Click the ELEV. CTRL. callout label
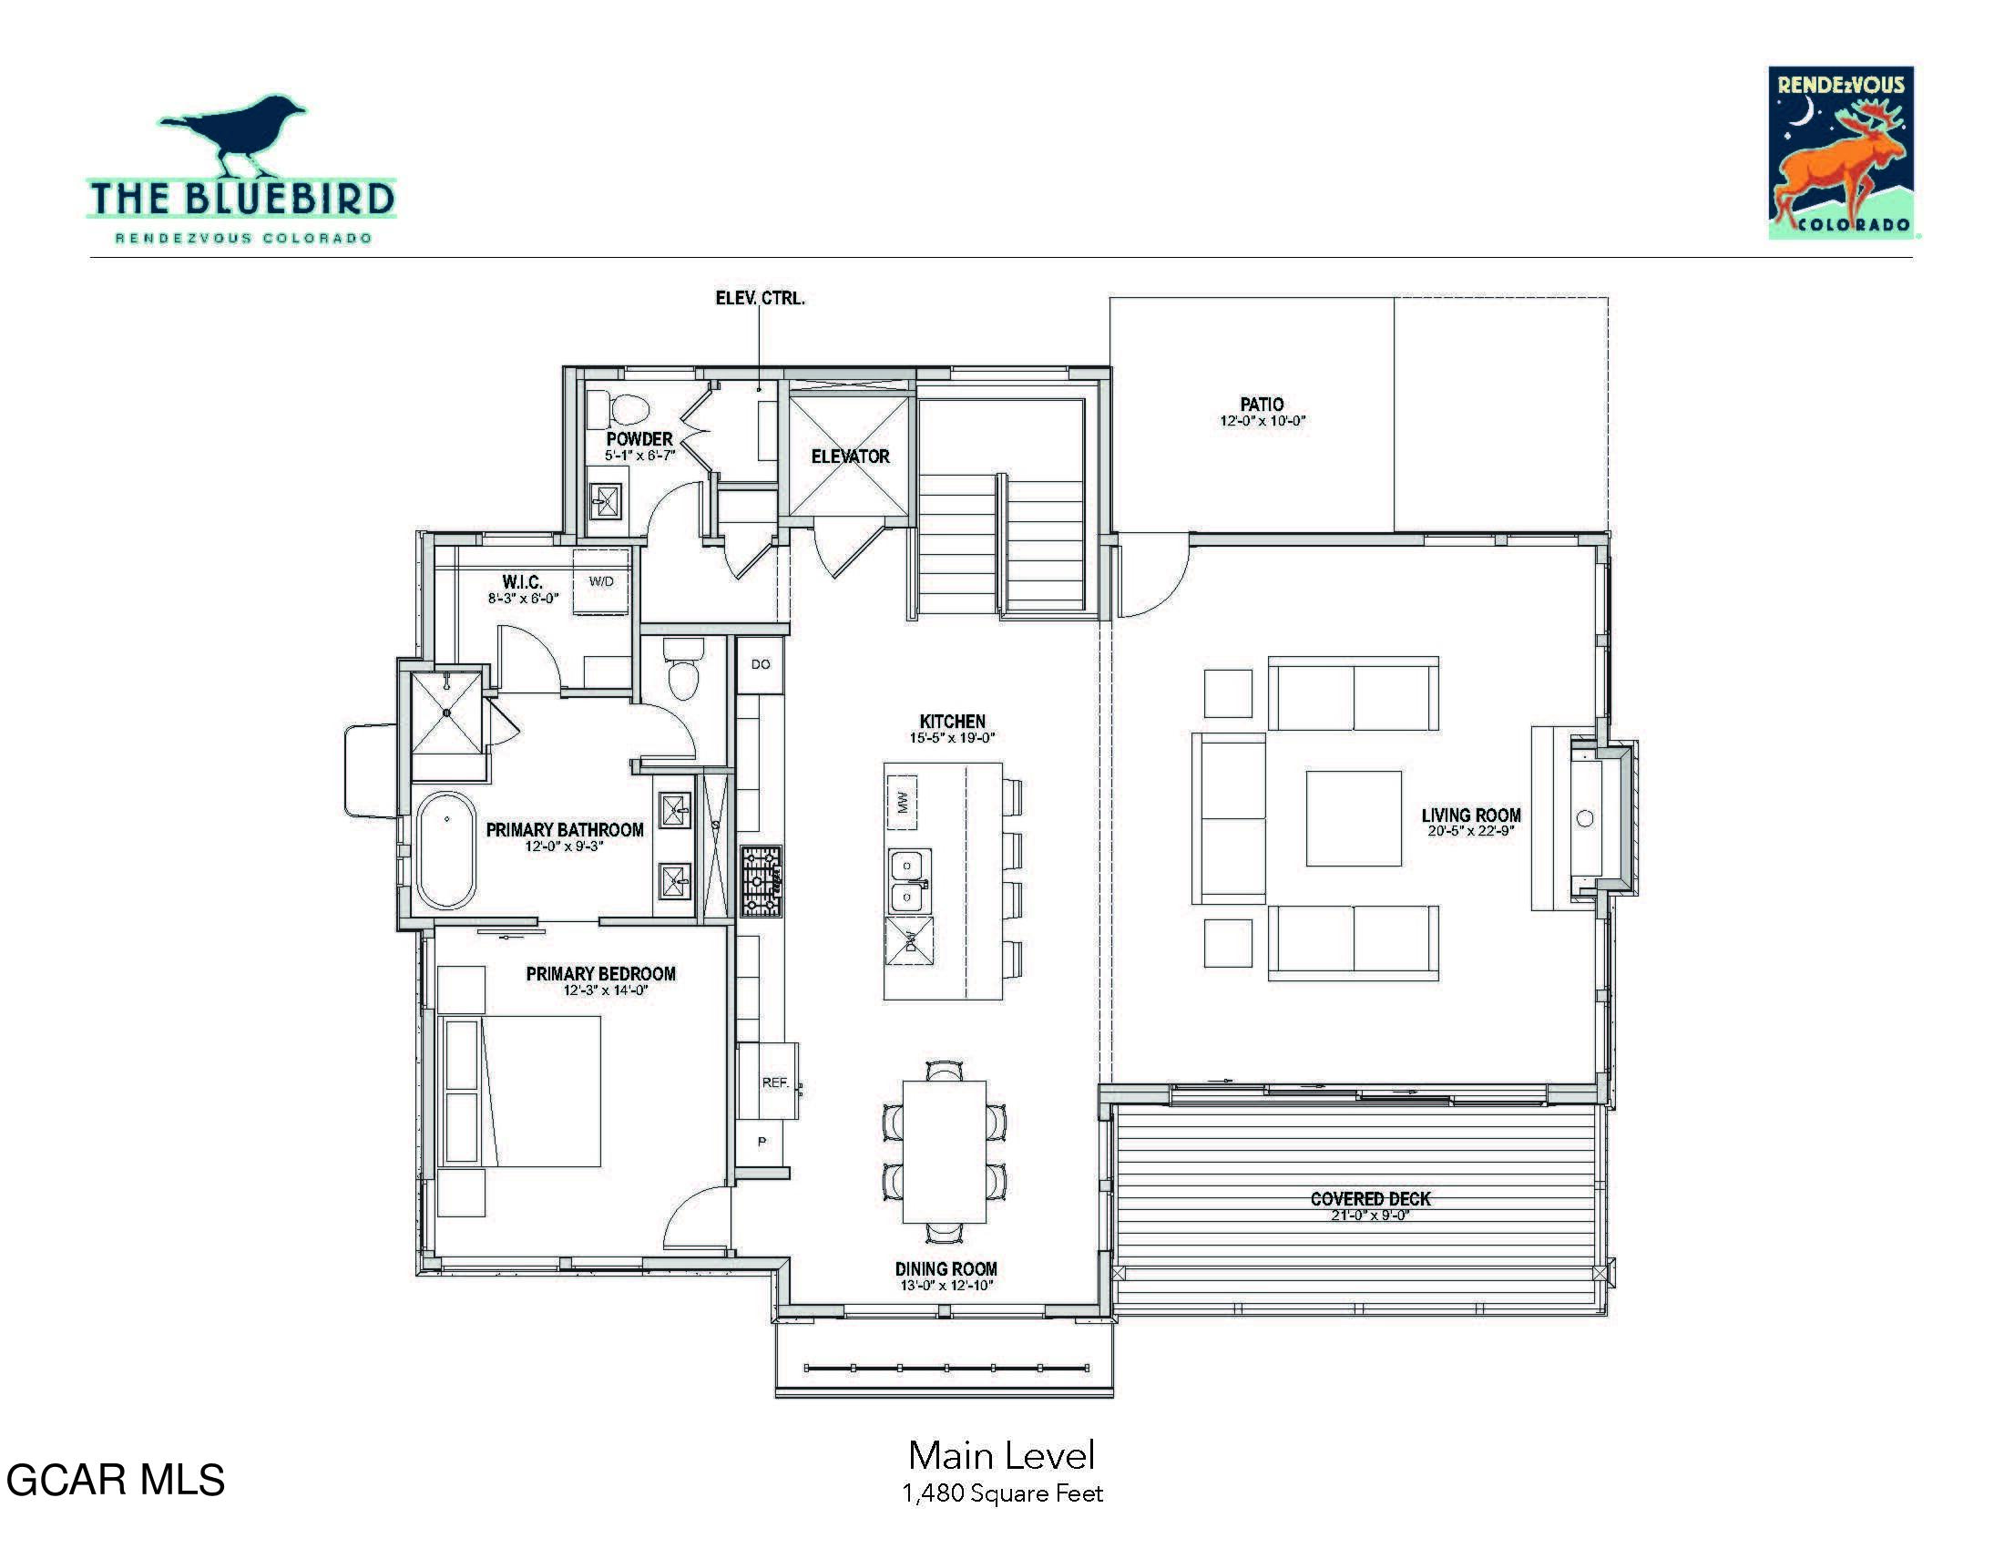[x=760, y=298]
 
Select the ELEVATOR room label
[x=850, y=456]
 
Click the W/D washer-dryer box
[x=601, y=581]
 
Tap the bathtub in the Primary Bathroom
[x=447, y=850]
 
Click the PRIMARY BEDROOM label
[x=600, y=974]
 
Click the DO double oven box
[x=761, y=664]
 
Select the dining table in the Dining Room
[x=945, y=1152]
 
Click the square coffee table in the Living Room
[x=1354, y=818]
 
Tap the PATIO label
[x=1262, y=404]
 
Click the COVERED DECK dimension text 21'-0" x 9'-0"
[x=1370, y=1216]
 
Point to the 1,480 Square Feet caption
[x=1002, y=1493]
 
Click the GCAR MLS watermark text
[x=116, y=1479]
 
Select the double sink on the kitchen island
[x=908, y=880]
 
